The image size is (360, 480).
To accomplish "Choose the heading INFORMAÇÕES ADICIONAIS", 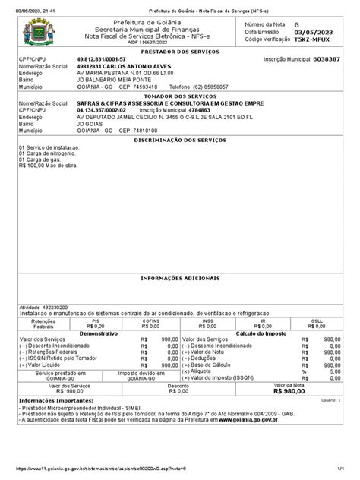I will [180, 278].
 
